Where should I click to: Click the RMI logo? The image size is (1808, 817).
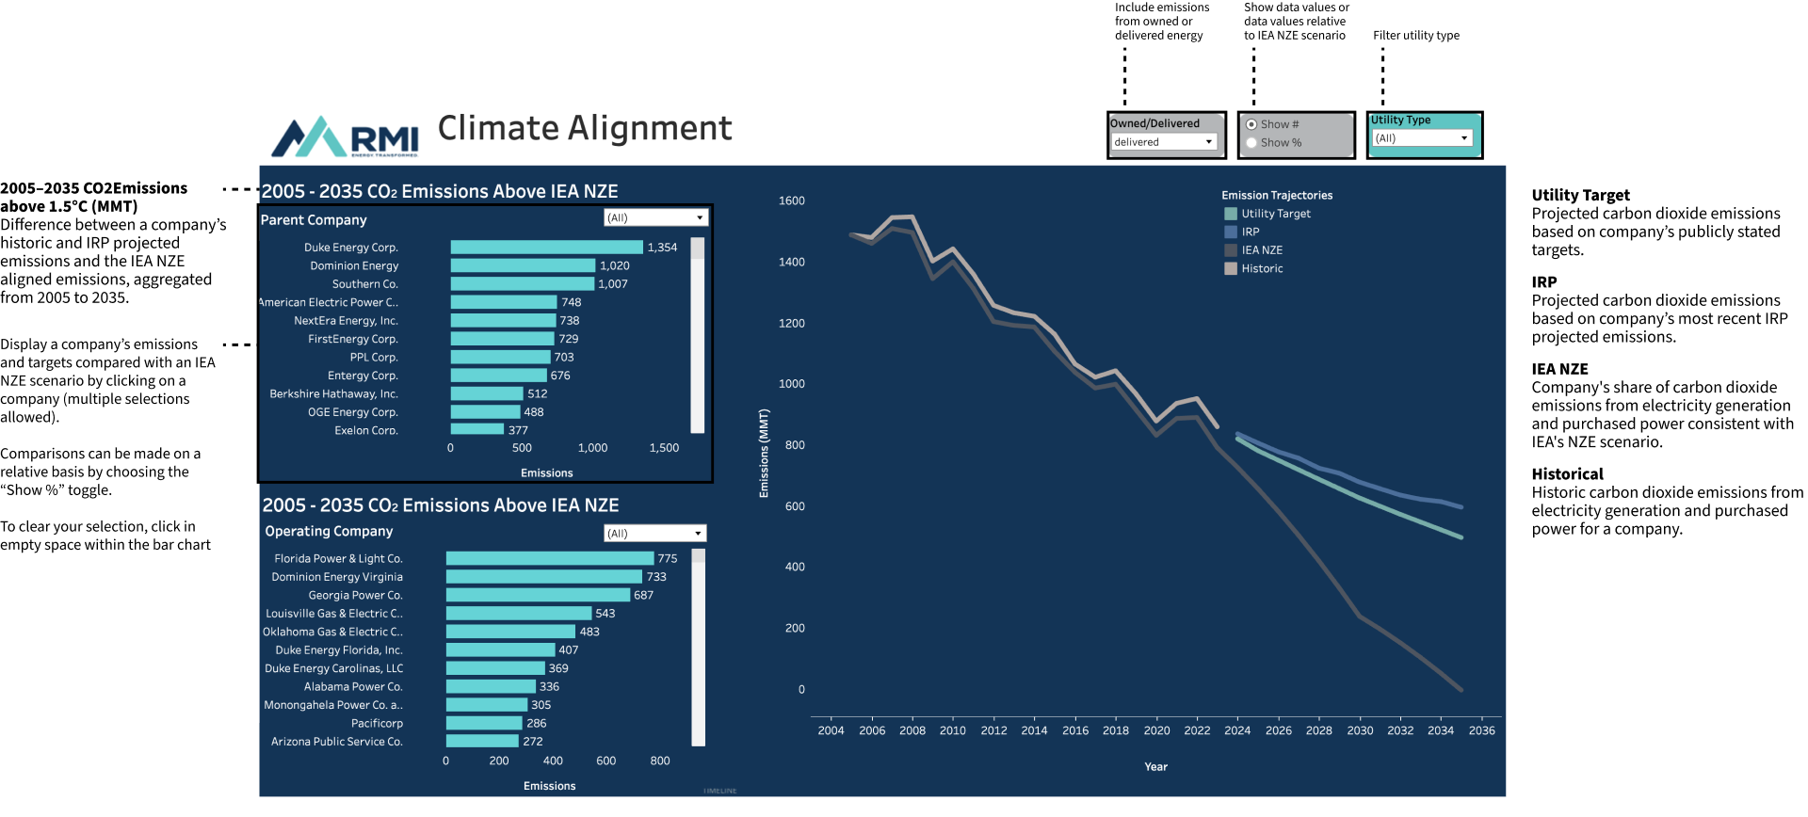[345, 137]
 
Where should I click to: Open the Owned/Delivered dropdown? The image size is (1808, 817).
[1165, 142]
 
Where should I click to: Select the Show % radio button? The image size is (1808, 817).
[1251, 143]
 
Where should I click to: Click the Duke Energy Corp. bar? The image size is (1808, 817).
[546, 248]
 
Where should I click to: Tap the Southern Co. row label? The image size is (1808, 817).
[365, 284]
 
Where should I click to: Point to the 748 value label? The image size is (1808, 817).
[572, 302]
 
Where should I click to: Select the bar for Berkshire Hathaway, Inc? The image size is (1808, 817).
[487, 394]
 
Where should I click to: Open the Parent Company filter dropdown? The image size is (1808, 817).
[655, 217]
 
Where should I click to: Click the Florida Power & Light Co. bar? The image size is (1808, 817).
[550, 559]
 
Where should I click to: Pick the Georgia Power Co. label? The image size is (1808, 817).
[355, 596]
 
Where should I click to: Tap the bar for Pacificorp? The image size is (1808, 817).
[484, 724]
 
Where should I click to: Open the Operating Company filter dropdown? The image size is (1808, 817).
[654, 534]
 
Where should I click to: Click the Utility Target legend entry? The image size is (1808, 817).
[1275, 214]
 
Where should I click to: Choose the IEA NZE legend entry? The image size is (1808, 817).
[1261, 250]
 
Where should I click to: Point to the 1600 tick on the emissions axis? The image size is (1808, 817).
[791, 200]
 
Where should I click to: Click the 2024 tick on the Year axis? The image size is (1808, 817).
[1237, 730]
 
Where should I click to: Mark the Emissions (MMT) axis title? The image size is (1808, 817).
[764, 453]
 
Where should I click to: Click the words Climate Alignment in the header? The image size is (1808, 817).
[585, 128]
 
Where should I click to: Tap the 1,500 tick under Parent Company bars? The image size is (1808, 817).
[664, 448]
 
